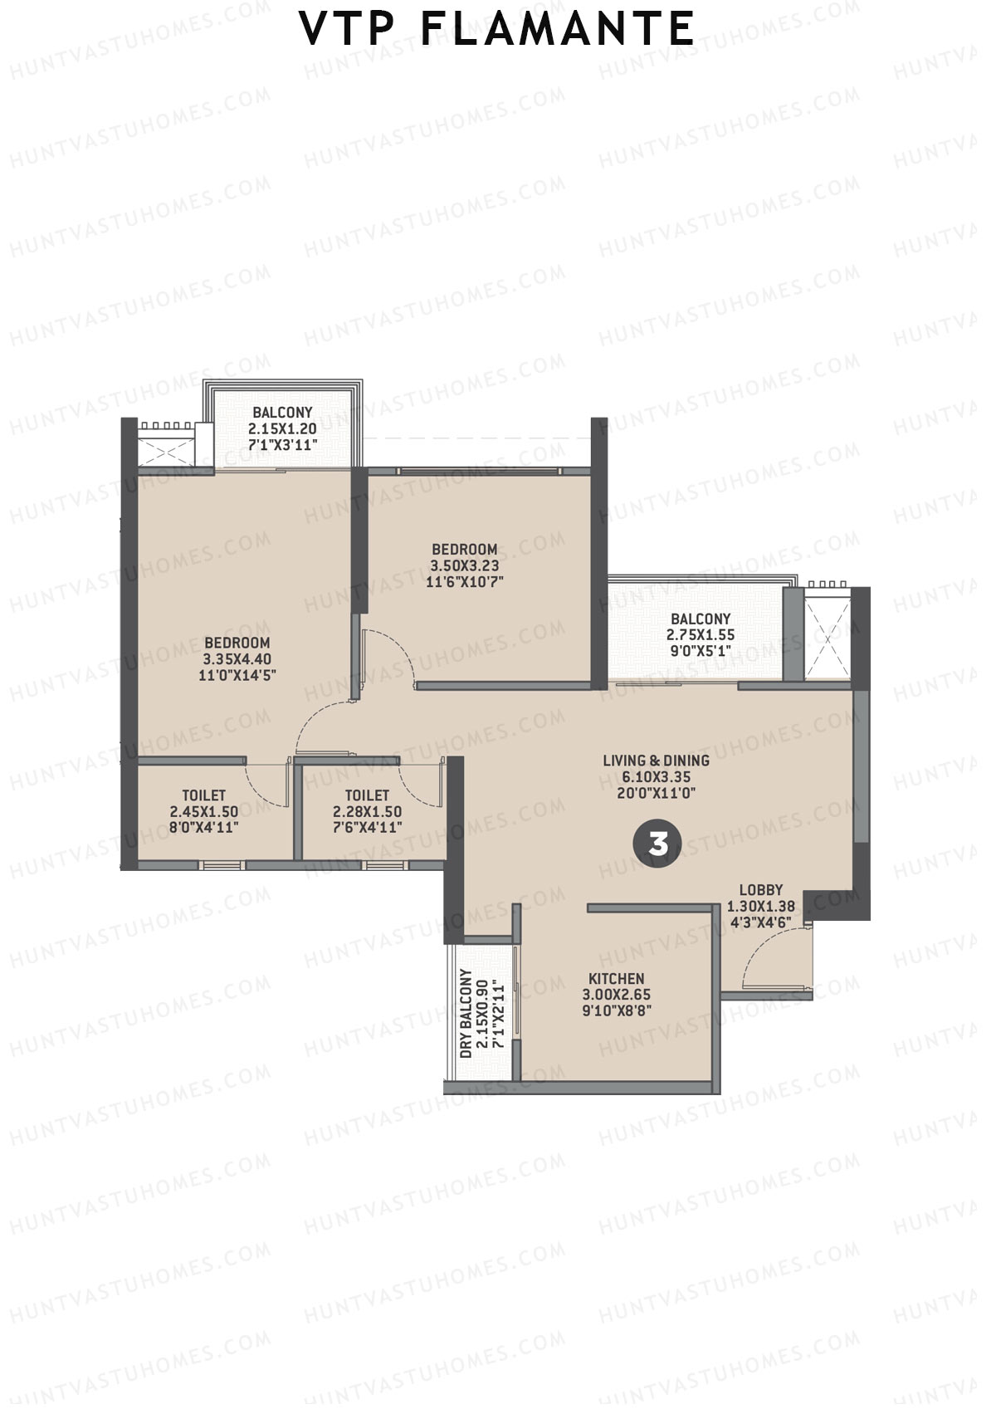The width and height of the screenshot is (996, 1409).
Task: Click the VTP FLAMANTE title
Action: tap(496, 29)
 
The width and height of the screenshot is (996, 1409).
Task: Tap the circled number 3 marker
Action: tap(657, 844)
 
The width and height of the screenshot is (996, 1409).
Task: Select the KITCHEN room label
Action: tap(616, 979)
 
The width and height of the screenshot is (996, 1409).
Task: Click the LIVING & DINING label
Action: tap(656, 760)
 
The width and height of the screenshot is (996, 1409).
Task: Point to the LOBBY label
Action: tap(760, 890)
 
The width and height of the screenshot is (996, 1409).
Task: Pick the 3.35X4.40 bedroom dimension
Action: tap(237, 659)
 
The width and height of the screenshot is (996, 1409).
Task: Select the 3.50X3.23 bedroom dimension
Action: tap(464, 566)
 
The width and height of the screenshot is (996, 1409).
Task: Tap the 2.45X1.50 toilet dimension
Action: tap(203, 811)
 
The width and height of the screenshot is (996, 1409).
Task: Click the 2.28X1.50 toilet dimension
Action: tap(367, 811)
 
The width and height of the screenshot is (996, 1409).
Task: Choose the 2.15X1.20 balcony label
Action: tap(282, 428)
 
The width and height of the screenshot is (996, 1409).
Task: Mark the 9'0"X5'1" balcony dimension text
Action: tap(700, 652)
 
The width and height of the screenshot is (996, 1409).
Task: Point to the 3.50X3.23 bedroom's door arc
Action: tap(390, 656)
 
